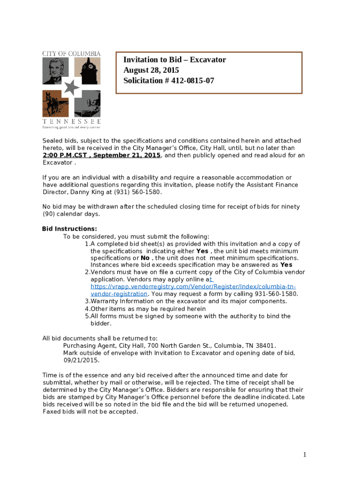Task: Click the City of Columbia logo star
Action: (71, 87)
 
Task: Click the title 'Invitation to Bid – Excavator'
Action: (174, 60)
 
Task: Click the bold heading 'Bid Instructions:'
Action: (69, 229)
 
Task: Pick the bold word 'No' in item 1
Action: (145, 258)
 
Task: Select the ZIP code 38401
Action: (265, 346)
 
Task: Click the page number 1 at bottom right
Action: (304, 454)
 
